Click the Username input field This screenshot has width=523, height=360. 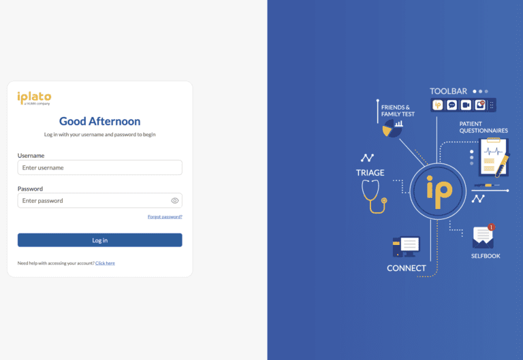tap(99, 167)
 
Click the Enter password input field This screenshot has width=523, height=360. tap(99, 200)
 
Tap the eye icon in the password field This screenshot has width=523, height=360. tap(175, 200)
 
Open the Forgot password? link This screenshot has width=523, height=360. tap(165, 216)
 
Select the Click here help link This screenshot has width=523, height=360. tap(105, 263)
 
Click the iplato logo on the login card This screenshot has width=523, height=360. tap(34, 98)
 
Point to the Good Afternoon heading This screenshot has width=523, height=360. tap(99, 121)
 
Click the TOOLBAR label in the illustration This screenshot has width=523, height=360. tap(448, 91)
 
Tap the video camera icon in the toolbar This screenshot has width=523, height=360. tap(466, 105)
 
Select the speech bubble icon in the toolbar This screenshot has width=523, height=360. tap(451, 105)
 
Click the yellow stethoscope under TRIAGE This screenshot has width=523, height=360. tap(375, 197)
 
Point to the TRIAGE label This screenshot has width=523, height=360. tap(370, 173)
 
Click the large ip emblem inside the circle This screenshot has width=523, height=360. tap(439, 192)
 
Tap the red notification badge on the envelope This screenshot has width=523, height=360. tap(491, 227)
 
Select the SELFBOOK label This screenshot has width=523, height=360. tap(486, 256)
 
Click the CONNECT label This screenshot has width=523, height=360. tap(407, 268)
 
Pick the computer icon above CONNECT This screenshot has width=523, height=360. tap(406, 246)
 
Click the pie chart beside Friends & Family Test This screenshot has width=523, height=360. tap(392, 129)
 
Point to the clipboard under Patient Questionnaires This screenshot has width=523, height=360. tap(494, 157)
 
